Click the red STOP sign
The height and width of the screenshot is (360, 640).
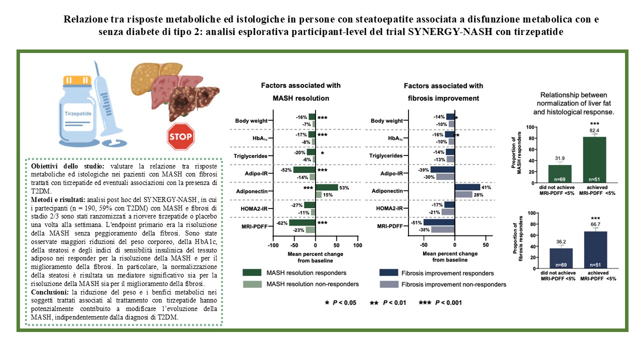[180, 136]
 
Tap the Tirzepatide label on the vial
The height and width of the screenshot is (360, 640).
[78, 113]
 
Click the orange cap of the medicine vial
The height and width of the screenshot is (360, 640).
[77, 80]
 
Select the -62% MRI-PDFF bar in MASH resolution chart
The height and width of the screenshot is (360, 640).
[302, 223]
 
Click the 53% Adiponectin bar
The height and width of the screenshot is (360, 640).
[327, 187]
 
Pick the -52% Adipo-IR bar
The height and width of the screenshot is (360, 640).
[304, 170]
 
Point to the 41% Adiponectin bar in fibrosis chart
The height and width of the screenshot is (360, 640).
[467, 187]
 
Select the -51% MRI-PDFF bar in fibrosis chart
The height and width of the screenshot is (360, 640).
[439, 222]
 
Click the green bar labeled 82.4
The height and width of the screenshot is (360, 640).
[594, 159]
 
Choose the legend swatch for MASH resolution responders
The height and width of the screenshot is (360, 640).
[252, 272]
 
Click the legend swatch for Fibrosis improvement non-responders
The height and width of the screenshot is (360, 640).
[389, 284]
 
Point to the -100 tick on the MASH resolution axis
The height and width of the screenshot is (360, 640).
[273, 245]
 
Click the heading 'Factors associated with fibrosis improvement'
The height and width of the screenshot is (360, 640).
[443, 92]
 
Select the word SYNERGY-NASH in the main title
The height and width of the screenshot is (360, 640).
[450, 31]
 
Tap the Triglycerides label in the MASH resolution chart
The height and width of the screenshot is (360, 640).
[250, 156]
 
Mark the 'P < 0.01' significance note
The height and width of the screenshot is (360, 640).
[388, 303]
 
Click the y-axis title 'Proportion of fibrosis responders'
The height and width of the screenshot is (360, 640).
[517, 238]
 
